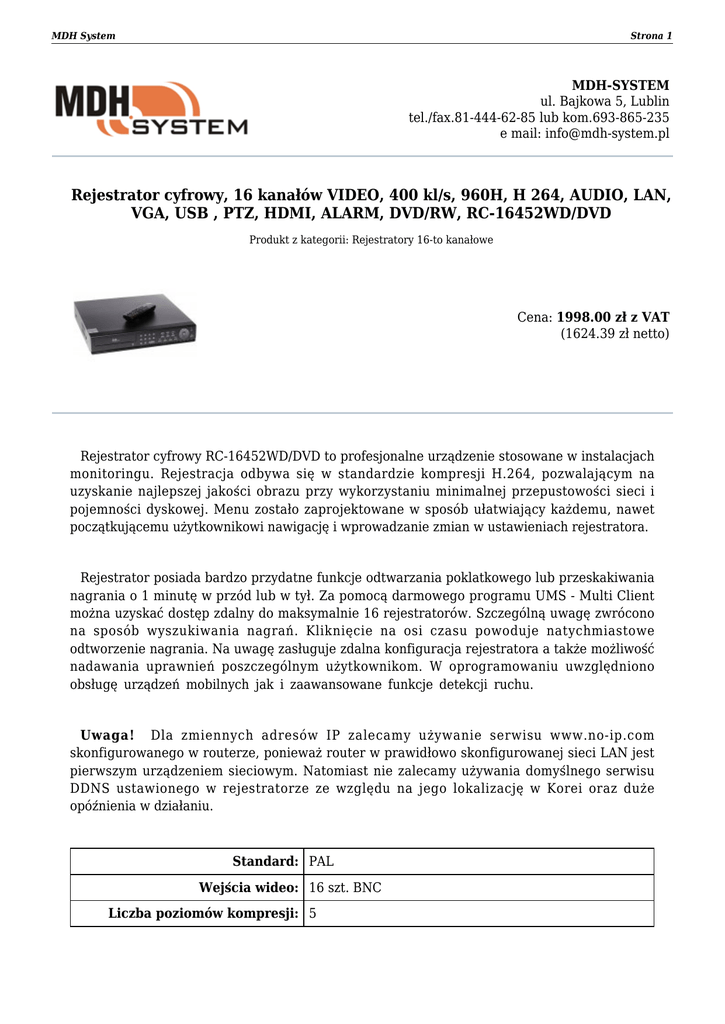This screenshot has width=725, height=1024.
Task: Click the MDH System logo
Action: (x=151, y=109)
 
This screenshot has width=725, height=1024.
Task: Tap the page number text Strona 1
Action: (x=651, y=36)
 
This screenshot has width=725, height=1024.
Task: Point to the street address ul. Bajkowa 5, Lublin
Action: (x=605, y=101)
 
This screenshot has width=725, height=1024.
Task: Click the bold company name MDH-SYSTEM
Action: (x=620, y=85)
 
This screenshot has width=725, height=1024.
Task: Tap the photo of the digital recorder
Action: (x=136, y=323)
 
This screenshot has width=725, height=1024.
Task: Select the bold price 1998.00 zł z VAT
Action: (x=613, y=317)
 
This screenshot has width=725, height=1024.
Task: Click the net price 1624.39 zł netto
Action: (x=615, y=333)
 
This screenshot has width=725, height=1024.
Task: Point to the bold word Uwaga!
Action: (x=107, y=736)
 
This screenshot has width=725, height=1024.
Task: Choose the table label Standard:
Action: (x=265, y=861)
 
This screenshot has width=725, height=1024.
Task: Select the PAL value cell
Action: (x=322, y=861)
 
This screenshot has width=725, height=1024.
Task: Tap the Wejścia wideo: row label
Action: (x=249, y=887)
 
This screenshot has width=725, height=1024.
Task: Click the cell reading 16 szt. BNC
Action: (x=345, y=887)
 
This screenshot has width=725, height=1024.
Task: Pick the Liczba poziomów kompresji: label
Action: (x=204, y=913)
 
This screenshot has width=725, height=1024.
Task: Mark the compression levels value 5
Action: (x=314, y=913)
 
